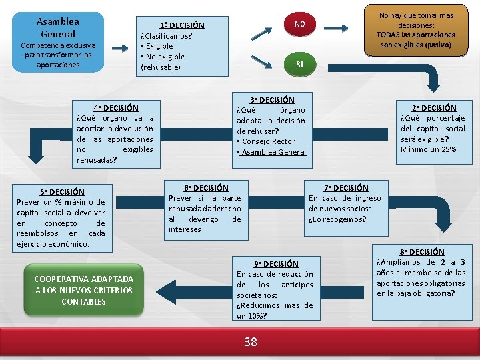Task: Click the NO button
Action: (x=299, y=24)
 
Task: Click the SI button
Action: (x=299, y=64)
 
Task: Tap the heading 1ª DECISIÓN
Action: (x=181, y=25)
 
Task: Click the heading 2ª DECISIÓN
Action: (x=433, y=107)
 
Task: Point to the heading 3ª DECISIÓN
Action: (x=271, y=99)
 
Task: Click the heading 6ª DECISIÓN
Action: (x=205, y=188)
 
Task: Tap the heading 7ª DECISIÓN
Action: (x=345, y=187)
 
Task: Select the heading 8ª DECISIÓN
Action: (x=421, y=251)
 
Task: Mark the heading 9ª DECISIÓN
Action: (x=275, y=263)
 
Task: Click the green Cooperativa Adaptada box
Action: (x=84, y=290)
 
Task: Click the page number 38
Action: (x=250, y=342)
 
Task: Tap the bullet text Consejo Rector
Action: (x=267, y=141)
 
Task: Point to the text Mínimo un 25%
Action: (x=428, y=149)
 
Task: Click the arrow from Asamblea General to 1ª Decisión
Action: (x=121, y=47)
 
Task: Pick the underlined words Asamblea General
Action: (x=274, y=152)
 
